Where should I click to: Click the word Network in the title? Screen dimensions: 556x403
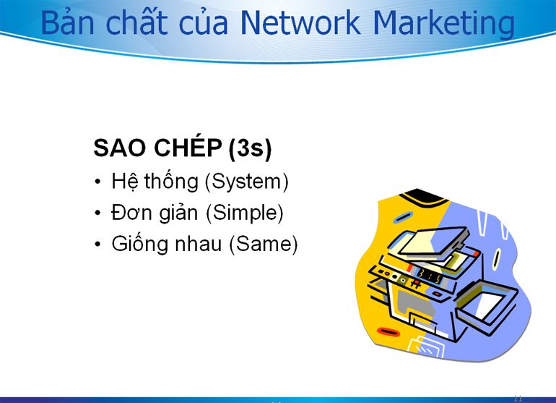click(x=300, y=22)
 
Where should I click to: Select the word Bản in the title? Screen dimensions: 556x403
click(x=67, y=22)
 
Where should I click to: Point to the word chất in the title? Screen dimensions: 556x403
click(x=136, y=22)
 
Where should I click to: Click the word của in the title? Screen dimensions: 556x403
click(x=203, y=23)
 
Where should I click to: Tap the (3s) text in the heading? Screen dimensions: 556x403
click(x=250, y=148)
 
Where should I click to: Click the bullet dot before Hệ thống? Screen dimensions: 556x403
click(x=98, y=182)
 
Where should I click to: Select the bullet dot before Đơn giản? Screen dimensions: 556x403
click(x=98, y=213)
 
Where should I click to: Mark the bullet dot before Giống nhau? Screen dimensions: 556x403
click(x=98, y=245)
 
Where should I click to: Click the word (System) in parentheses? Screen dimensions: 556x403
click(x=247, y=182)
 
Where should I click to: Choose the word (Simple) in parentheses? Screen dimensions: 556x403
click(x=245, y=213)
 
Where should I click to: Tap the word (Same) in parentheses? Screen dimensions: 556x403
click(x=264, y=245)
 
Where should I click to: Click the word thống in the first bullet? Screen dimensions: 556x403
click(x=171, y=181)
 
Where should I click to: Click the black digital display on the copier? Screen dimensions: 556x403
click(x=430, y=276)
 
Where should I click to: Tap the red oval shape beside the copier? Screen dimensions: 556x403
click(x=388, y=332)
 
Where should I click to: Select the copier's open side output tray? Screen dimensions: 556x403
click(x=487, y=302)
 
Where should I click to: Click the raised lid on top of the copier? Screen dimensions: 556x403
click(x=431, y=241)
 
